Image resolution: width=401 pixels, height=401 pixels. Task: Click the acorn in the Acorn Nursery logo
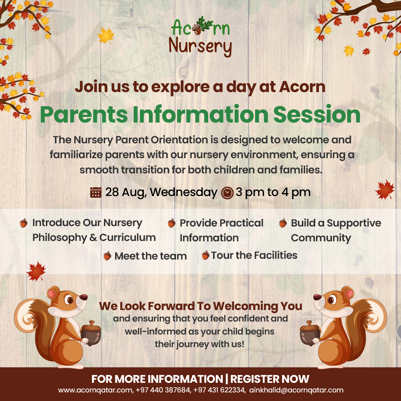pos(197,29)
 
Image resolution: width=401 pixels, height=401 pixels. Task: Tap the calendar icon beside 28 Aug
pos(96,192)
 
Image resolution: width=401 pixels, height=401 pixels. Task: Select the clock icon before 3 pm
pos(227,193)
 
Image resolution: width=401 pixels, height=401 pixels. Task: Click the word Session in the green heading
pos(317,114)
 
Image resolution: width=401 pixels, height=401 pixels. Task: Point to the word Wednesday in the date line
pos(183,192)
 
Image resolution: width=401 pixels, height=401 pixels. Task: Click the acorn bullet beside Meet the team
pos(107,256)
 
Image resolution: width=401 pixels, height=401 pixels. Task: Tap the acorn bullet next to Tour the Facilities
pos(205,255)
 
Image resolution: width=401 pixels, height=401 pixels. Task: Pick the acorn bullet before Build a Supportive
pos(283,223)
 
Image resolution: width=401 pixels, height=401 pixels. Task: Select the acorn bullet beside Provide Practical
pos(172,223)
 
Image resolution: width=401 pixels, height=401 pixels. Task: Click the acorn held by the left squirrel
pos(91,333)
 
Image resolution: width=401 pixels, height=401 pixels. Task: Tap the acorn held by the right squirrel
pos(310,333)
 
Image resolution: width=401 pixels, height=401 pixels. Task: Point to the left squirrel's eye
pos(69,299)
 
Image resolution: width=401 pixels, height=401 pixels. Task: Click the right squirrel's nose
pos(317,297)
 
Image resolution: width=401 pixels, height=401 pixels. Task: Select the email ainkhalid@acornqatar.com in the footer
pos(296,390)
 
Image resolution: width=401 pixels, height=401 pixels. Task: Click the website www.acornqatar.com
pos(96,390)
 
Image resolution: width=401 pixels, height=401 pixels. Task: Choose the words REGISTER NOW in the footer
pos(270,379)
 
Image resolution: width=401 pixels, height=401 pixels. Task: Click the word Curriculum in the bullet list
pos(128,238)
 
